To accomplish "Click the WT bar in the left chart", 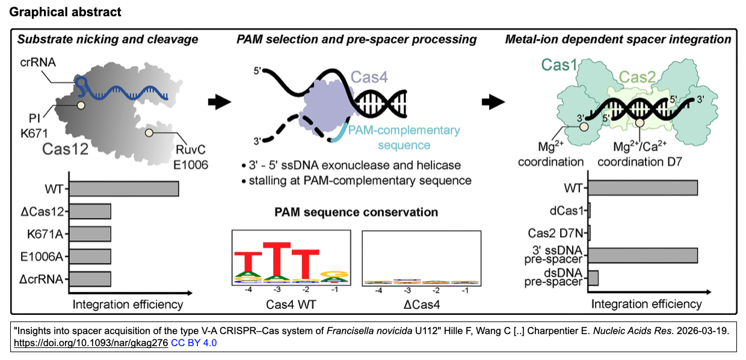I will click(x=125, y=188).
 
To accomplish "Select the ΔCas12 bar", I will click(x=91, y=211).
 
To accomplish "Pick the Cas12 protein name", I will click(x=65, y=149).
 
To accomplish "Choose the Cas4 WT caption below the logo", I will click(x=291, y=305).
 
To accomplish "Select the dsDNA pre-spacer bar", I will click(x=593, y=278).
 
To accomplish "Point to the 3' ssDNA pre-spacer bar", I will click(x=643, y=255).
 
